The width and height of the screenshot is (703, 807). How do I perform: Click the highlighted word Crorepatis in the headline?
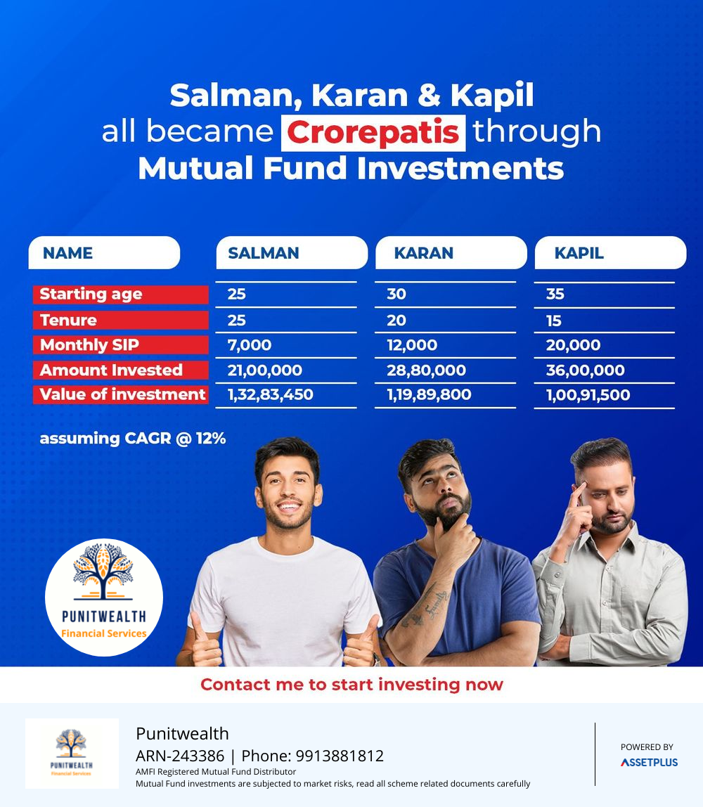[373, 133]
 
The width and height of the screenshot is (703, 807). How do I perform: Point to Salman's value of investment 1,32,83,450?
[270, 395]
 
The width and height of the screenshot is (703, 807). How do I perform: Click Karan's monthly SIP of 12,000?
[412, 345]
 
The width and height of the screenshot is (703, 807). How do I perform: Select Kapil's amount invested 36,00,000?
[585, 370]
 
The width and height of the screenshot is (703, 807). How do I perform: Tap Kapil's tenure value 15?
[554, 321]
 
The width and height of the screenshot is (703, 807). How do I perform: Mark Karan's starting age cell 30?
[396, 294]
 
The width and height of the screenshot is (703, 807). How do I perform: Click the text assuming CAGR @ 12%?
[133, 439]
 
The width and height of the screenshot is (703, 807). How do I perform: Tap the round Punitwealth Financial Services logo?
[104, 598]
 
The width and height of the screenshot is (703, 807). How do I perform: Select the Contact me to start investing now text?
[351, 685]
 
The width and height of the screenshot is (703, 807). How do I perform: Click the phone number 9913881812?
[340, 756]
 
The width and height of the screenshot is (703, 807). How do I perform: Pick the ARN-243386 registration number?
[180, 756]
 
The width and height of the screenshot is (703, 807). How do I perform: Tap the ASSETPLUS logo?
[649, 762]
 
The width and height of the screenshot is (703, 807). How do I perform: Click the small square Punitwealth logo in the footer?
[72, 754]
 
